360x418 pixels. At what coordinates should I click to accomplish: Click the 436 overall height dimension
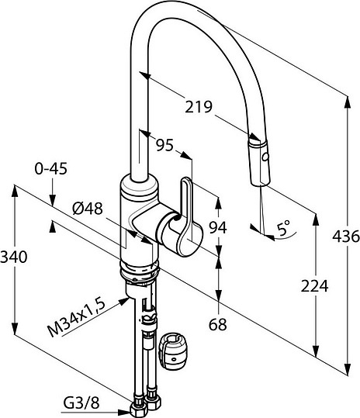346,236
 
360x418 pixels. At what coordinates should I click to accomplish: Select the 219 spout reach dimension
199,107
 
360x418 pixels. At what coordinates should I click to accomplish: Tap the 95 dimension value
164,145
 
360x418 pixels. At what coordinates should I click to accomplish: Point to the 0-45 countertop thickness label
51,169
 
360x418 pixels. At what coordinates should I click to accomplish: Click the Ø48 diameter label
88,208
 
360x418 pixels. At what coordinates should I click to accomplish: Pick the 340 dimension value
14,257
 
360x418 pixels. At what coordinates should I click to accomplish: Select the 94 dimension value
217,227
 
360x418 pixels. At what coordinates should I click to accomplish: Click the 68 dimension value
218,324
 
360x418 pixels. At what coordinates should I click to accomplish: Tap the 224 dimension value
314,286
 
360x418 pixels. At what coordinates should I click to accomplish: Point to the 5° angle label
283,228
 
